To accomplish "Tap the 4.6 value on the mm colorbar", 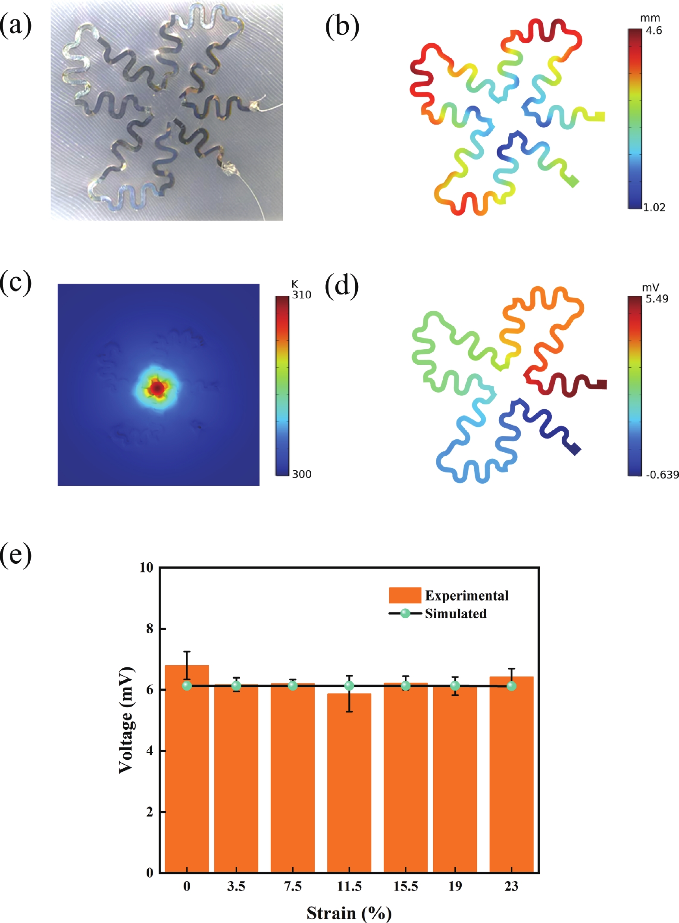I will [x=654, y=31].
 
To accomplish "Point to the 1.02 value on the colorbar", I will [x=654, y=207].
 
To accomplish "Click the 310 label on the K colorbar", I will [x=301, y=295].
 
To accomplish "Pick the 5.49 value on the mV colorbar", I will [x=657, y=299].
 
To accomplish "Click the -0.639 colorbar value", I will [x=662, y=475].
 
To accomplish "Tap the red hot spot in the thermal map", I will [x=158, y=388].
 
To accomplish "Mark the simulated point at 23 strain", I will [x=511, y=685].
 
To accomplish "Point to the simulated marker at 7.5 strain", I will [x=293, y=685].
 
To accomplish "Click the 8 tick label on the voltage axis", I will [x=150, y=629].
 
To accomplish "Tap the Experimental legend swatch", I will [x=404, y=595].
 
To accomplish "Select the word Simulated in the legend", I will [x=456, y=613].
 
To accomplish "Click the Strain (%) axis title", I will [x=349, y=913].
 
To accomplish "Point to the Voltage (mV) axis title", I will [x=126, y=720].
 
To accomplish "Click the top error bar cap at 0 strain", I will [x=187, y=651].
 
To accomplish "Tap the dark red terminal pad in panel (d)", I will [x=601, y=384].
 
